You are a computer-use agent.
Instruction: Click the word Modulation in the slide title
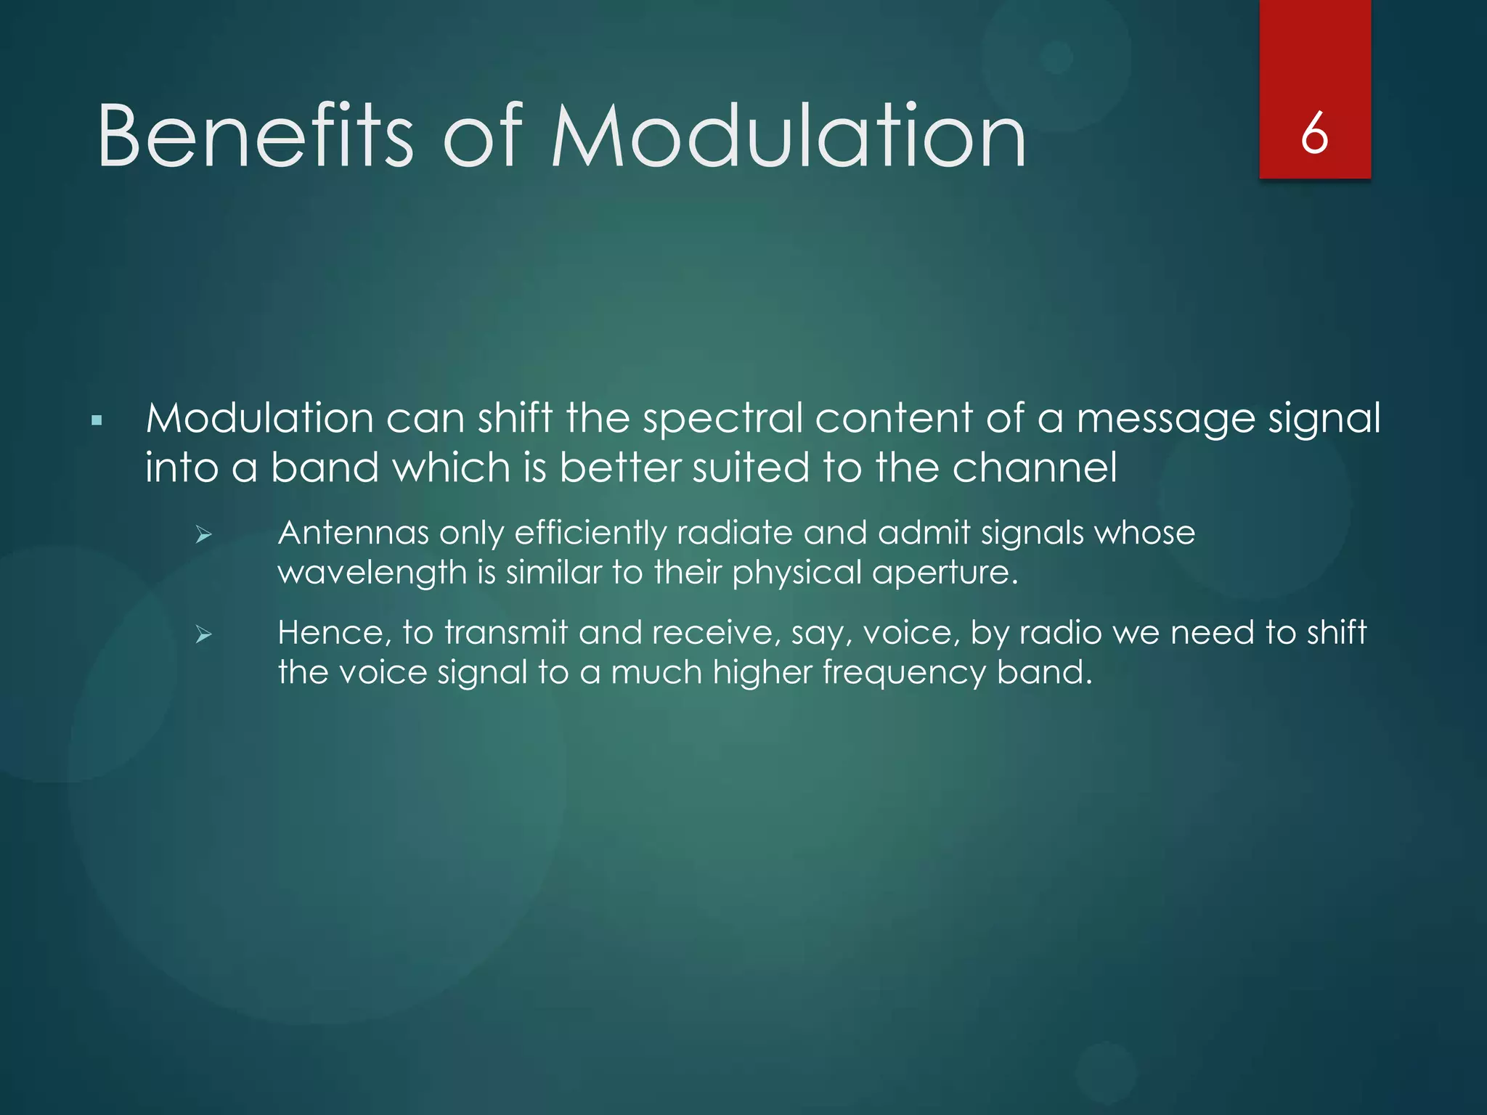pyautogui.click(x=789, y=136)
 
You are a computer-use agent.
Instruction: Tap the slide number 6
pyautogui.click(x=1314, y=134)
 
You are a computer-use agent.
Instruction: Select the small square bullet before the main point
pyautogui.click(x=97, y=420)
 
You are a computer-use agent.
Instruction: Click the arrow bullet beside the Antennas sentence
pyautogui.click(x=203, y=536)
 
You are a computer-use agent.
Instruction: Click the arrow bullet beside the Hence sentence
pyautogui.click(x=203, y=635)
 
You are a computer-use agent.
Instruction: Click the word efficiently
pyautogui.click(x=590, y=534)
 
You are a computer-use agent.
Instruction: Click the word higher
pyautogui.click(x=762, y=673)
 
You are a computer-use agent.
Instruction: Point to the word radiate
pyautogui.click(x=734, y=533)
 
